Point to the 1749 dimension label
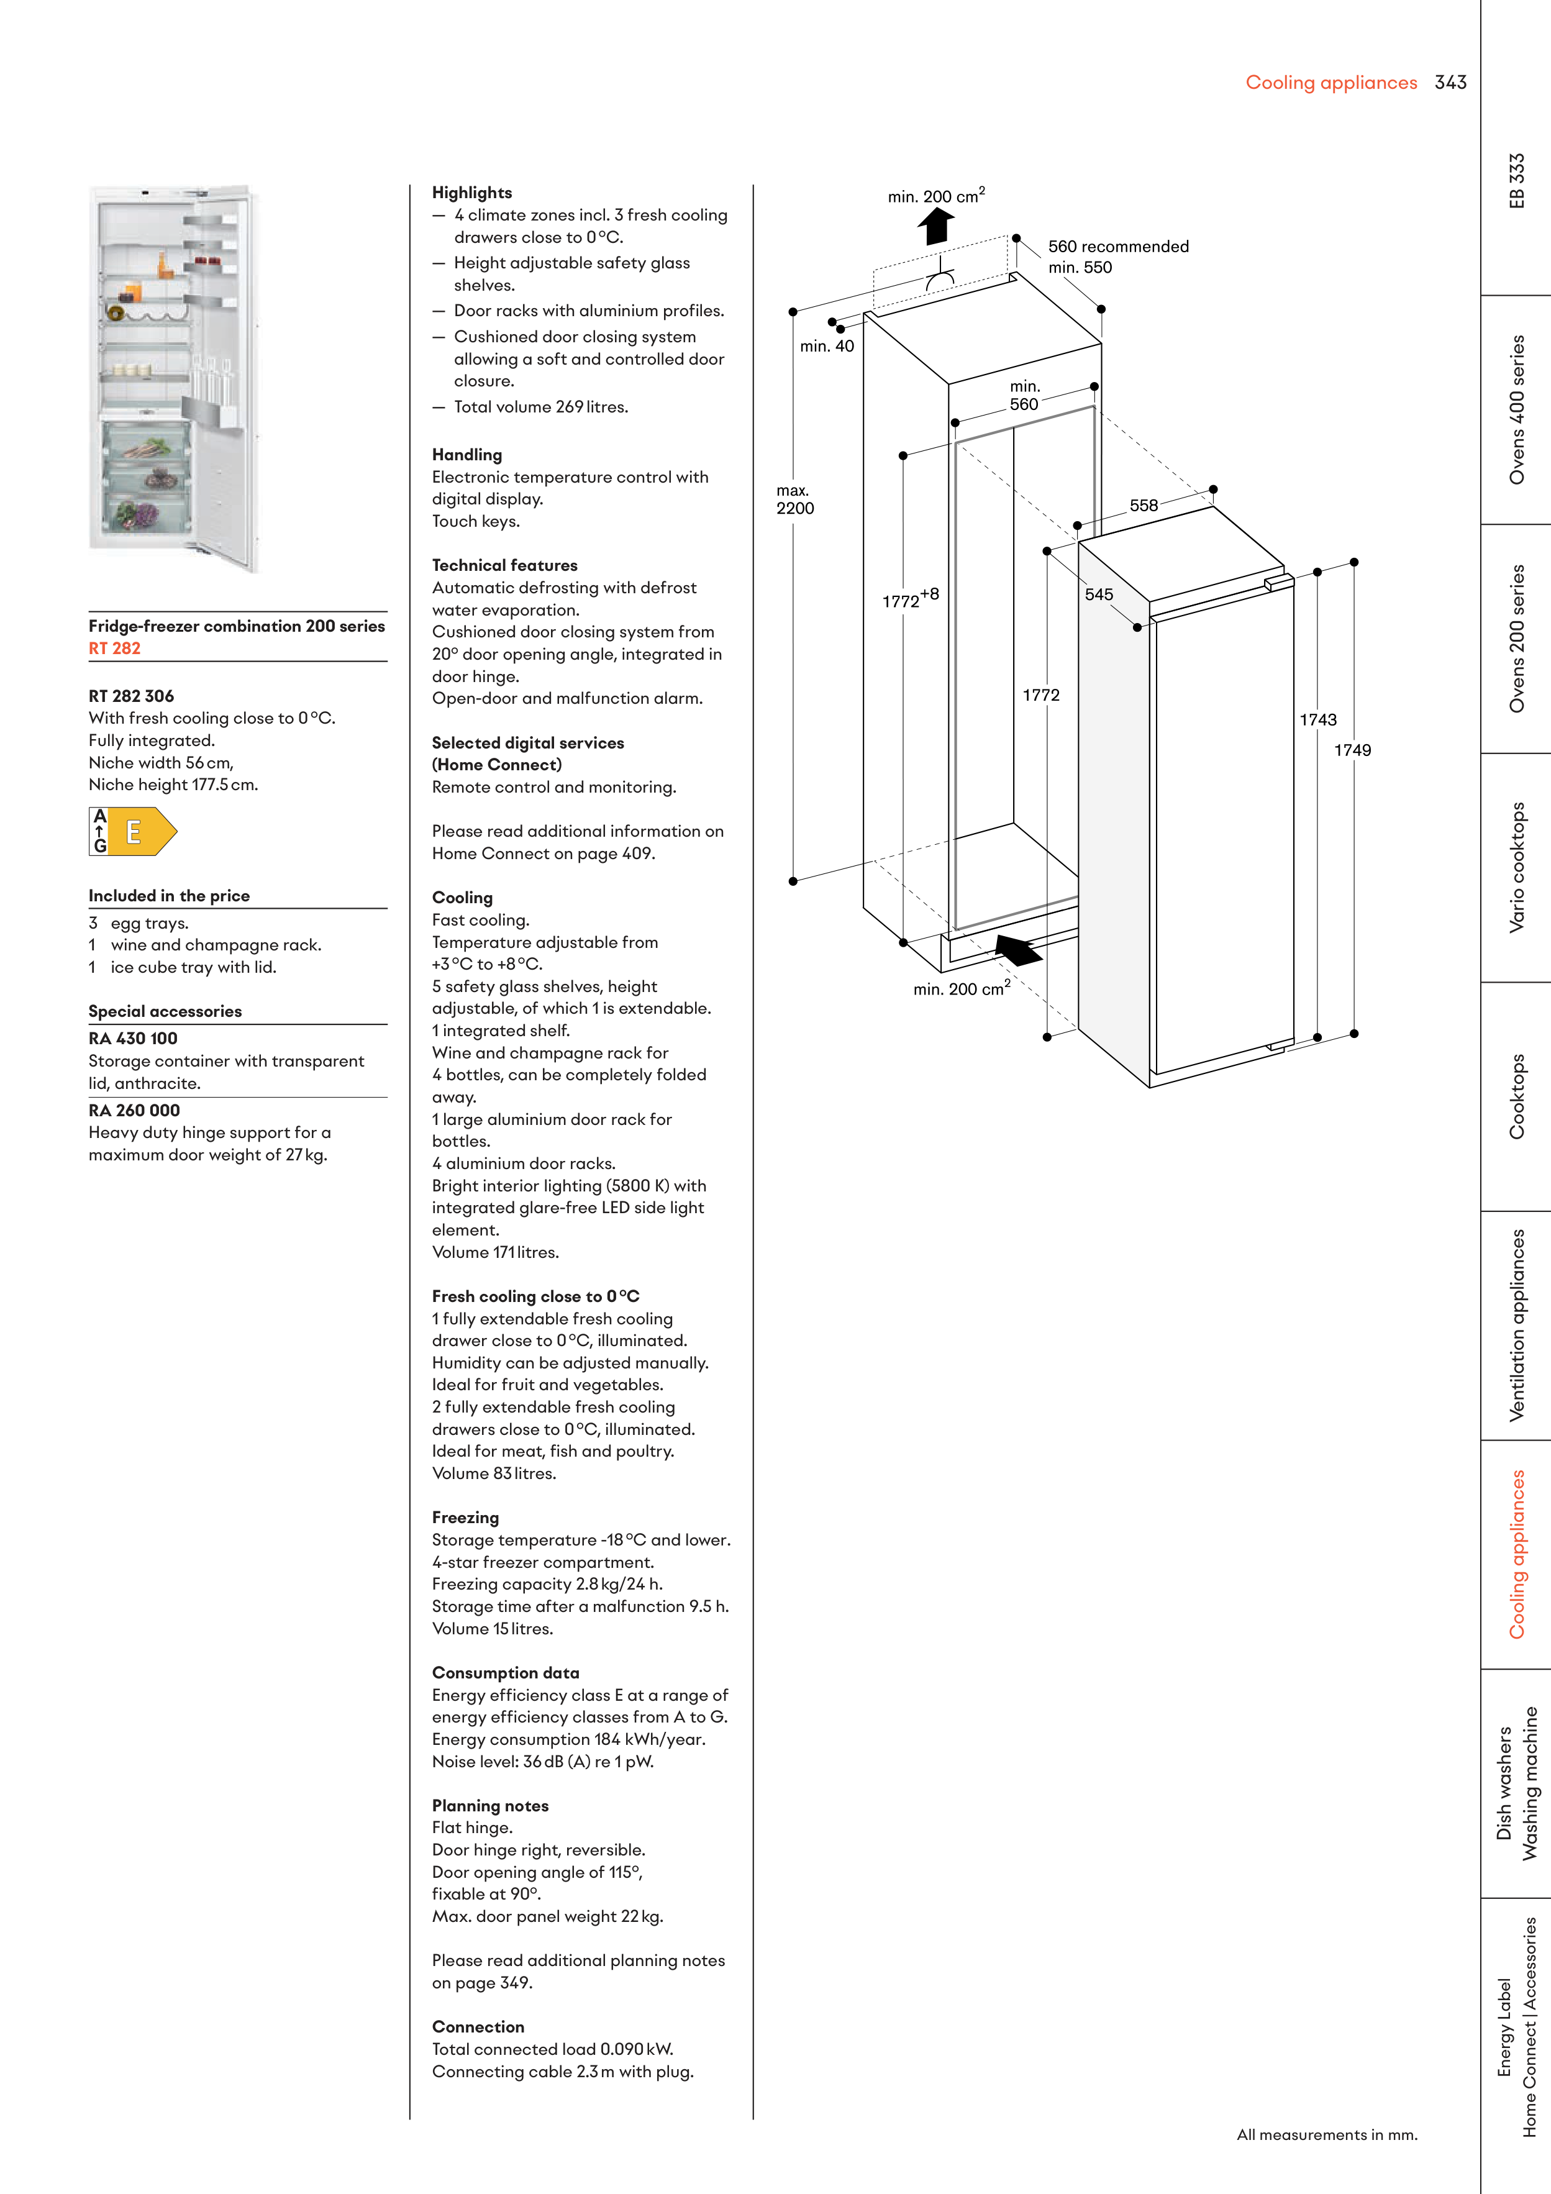pyautogui.click(x=1352, y=751)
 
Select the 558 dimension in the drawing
pyautogui.click(x=1143, y=506)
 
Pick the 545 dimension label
pyautogui.click(x=1099, y=594)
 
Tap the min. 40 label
pyautogui.click(x=827, y=347)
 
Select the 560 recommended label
pyautogui.click(x=1118, y=247)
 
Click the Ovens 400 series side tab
pyautogui.click(x=1517, y=409)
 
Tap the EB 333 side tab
pyautogui.click(x=1517, y=181)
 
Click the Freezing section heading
pyautogui.click(x=465, y=1518)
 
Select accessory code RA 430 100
pyautogui.click(x=133, y=1039)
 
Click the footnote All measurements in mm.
pyautogui.click(x=1326, y=2135)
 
